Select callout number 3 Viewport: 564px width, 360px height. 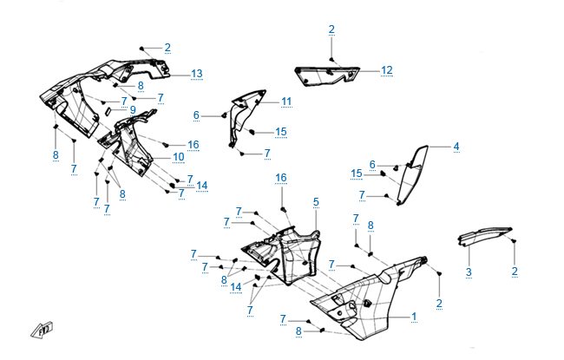point(469,272)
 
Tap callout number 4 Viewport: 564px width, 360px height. point(456,146)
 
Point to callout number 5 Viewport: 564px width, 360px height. point(316,201)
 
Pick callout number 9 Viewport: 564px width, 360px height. point(133,110)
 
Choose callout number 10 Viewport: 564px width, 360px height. point(178,157)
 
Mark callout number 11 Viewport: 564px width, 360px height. point(285,101)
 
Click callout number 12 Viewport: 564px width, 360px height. point(387,69)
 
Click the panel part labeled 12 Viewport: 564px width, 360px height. point(325,76)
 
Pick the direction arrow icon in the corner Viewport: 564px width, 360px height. point(42,330)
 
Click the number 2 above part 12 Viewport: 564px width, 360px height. point(331,29)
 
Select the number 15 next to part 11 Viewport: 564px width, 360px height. point(280,132)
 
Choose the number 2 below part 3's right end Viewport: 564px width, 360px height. point(515,272)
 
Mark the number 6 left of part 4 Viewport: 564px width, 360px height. point(372,164)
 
